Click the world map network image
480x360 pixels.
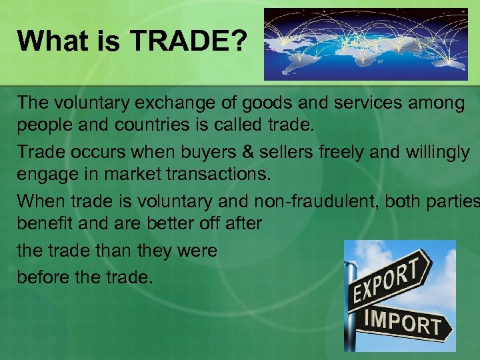365,44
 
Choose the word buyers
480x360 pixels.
207,152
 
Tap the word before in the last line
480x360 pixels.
41,275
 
